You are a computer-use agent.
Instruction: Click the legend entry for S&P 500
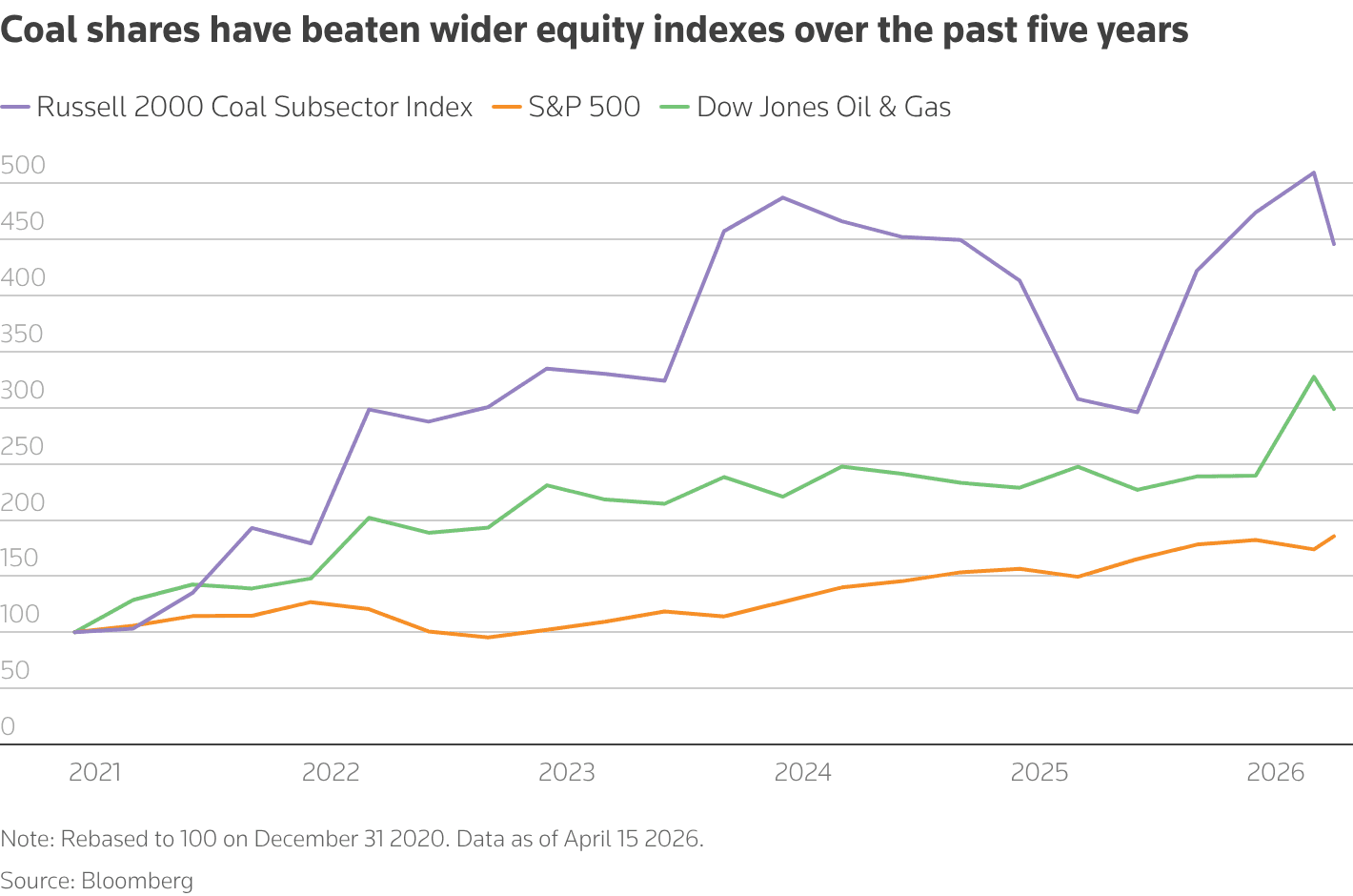click(x=584, y=107)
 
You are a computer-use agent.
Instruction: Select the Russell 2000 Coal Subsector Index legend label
click(x=253, y=107)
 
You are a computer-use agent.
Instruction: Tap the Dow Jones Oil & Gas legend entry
click(x=823, y=107)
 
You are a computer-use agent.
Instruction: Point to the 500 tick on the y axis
click(x=24, y=166)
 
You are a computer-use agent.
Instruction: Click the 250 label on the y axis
click(x=24, y=446)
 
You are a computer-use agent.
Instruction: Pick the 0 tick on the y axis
click(x=9, y=726)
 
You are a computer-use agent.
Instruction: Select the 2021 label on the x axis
click(x=95, y=772)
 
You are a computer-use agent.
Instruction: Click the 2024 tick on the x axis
click(x=802, y=772)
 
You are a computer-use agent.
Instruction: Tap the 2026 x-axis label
click(x=1275, y=772)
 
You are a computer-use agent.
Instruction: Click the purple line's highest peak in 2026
click(x=1314, y=173)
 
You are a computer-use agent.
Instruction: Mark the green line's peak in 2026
click(x=1314, y=377)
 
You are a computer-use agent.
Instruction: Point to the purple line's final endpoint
click(x=1334, y=244)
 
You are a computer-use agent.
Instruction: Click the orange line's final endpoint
click(x=1334, y=536)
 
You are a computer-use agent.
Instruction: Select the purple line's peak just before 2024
click(x=782, y=197)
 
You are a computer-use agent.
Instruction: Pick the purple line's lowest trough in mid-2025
click(x=1137, y=412)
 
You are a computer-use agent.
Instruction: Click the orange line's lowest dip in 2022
click(x=488, y=637)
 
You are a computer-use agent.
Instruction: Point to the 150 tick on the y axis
click(x=21, y=559)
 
